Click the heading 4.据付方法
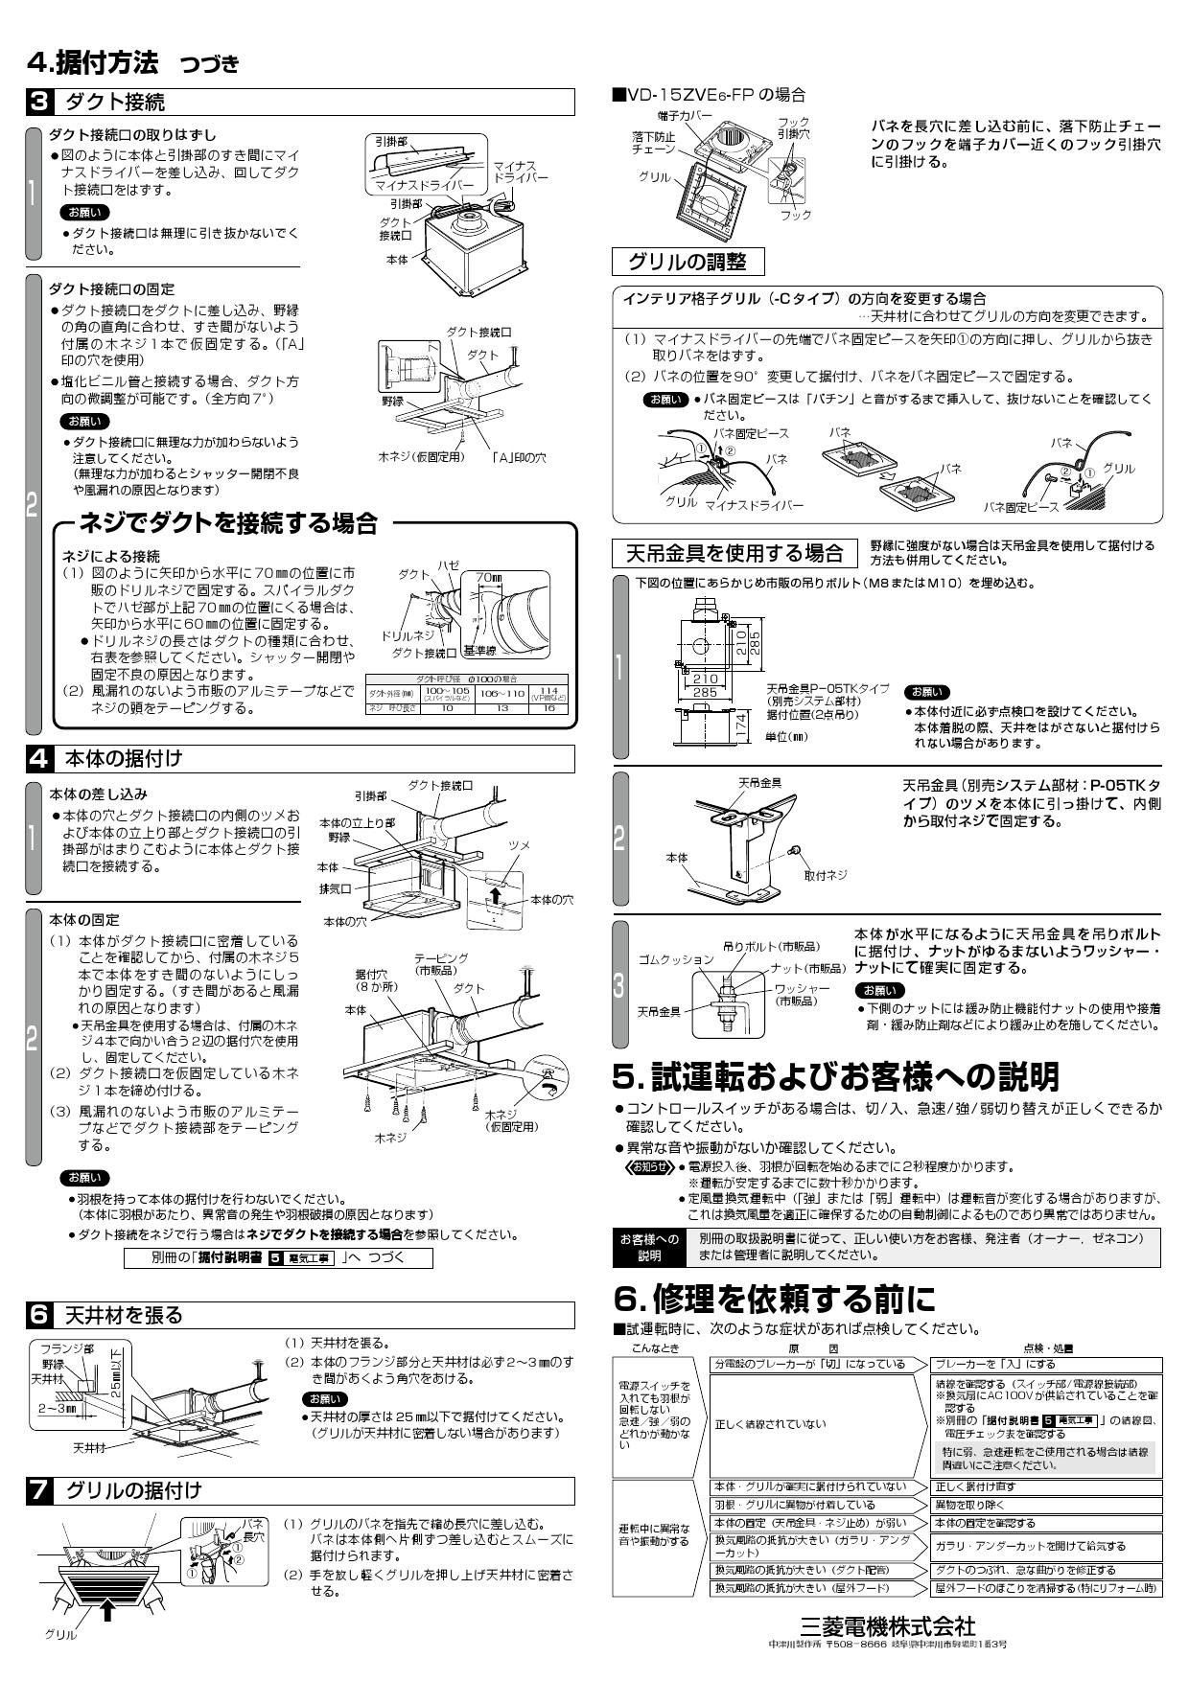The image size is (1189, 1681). point(92,63)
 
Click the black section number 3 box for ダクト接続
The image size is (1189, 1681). point(38,102)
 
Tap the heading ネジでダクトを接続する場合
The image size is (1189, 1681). point(228,523)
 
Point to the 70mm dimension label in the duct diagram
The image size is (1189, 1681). point(488,578)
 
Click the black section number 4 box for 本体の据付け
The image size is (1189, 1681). point(38,758)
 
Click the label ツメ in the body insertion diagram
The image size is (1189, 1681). point(518,845)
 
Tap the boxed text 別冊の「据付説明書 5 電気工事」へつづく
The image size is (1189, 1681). point(278,1258)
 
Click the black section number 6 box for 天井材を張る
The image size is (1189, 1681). point(38,1315)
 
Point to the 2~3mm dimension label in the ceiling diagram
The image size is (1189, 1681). point(58,1409)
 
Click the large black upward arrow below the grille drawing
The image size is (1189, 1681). point(108,1611)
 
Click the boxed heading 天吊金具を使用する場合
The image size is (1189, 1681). point(734,553)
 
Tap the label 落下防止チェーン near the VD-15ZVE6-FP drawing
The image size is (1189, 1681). point(654,144)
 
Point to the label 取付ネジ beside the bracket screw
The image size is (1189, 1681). point(826,875)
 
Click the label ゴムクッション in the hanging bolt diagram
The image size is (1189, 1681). point(676,959)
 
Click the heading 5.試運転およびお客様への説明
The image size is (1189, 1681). point(835,1076)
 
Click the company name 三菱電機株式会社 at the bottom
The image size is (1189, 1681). point(887,1626)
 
